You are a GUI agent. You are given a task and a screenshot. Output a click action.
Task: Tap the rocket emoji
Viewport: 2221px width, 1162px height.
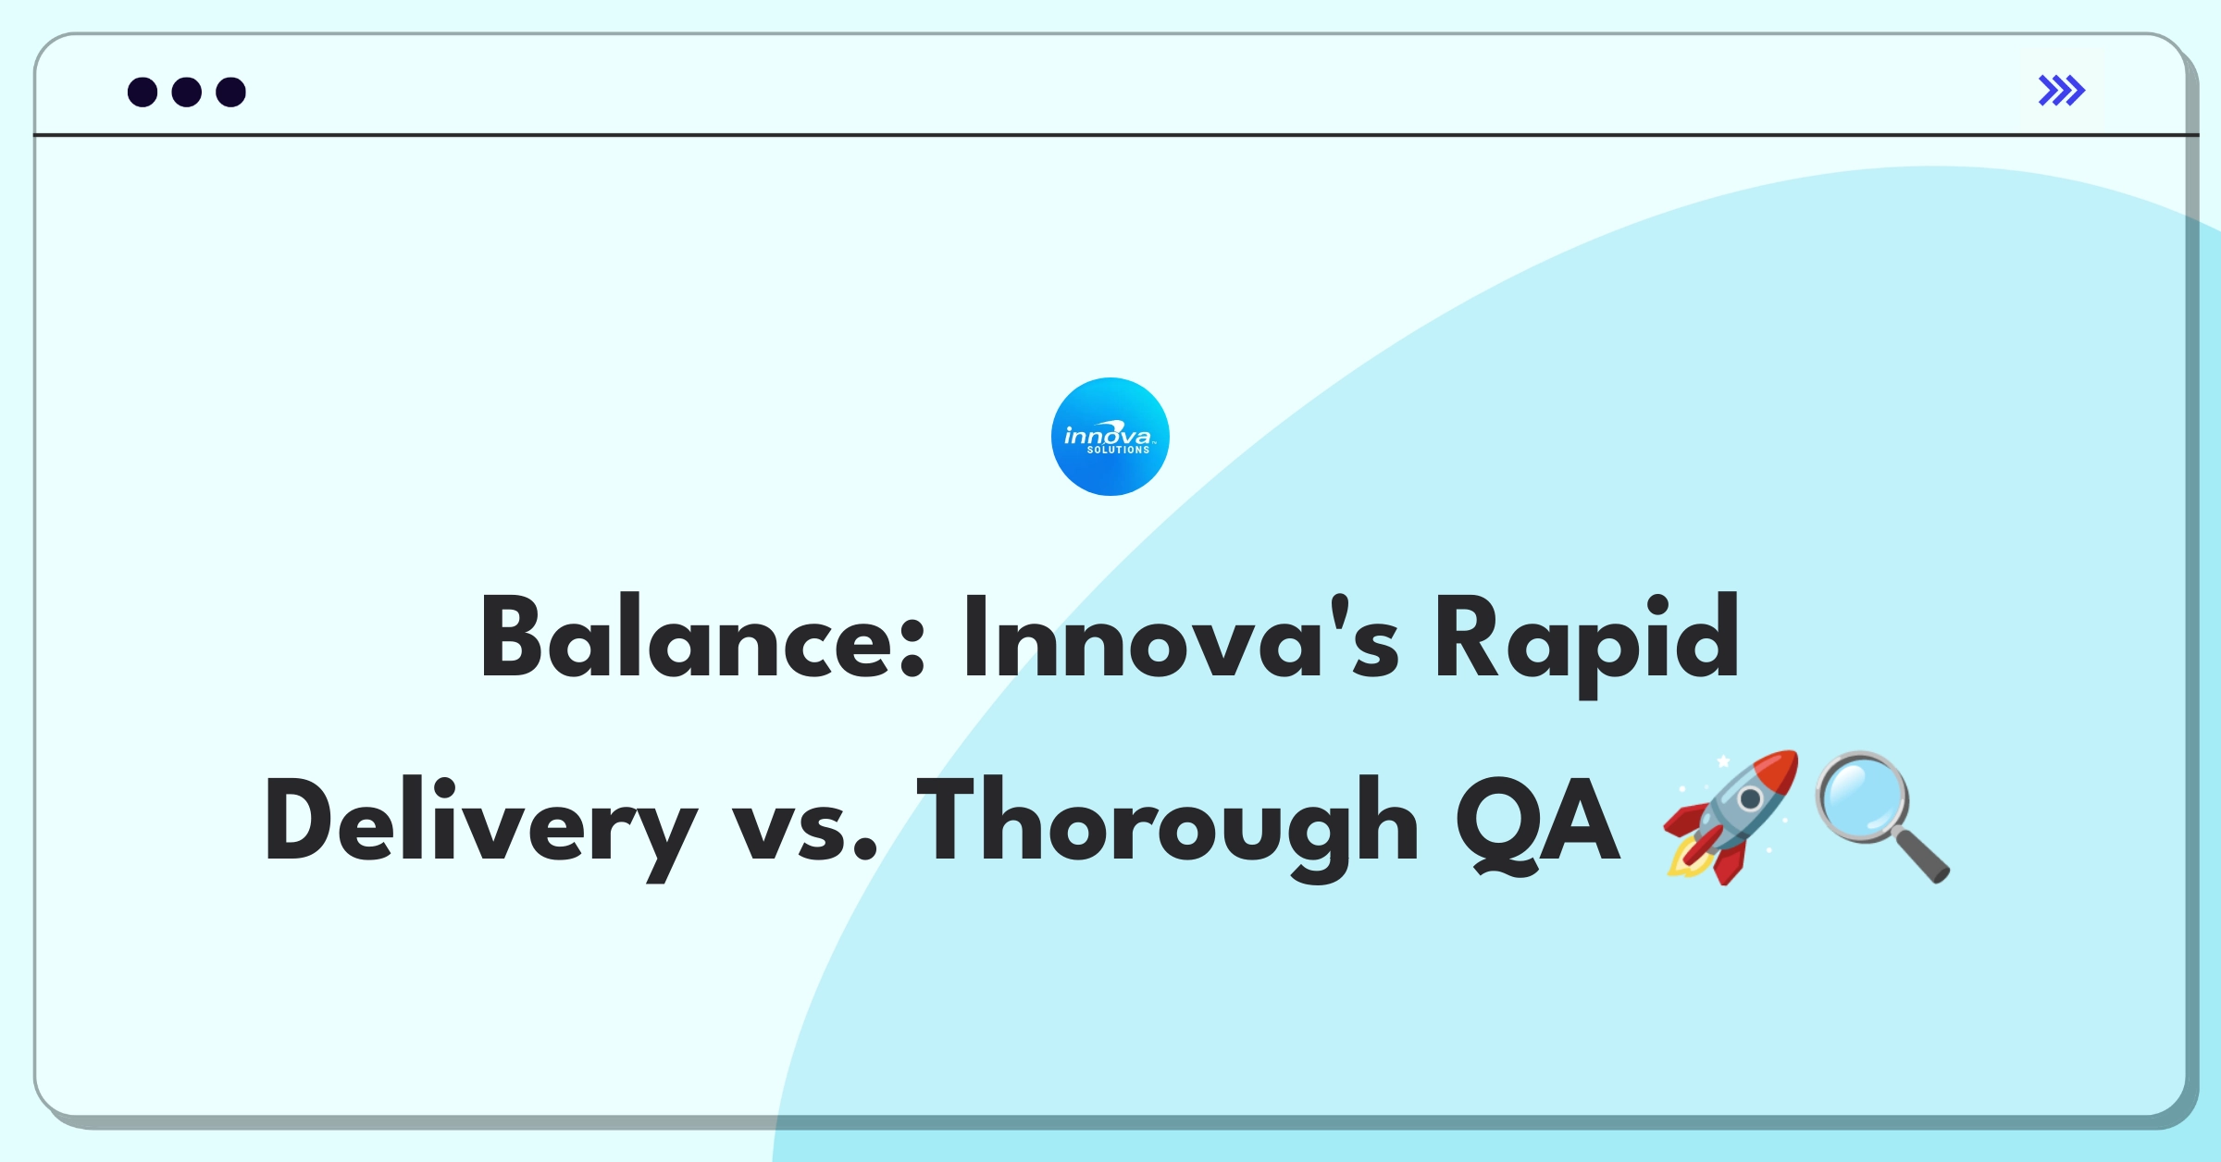click(1731, 817)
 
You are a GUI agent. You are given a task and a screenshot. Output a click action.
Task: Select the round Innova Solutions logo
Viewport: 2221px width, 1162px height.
click(1110, 437)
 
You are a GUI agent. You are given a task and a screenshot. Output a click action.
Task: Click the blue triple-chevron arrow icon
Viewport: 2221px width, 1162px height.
click(2062, 91)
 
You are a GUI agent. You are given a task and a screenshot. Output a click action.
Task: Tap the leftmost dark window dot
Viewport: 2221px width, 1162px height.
click(143, 92)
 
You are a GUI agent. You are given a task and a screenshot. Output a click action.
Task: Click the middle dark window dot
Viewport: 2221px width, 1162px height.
click(187, 92)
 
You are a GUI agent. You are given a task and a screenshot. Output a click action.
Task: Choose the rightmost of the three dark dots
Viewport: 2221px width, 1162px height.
click(230, 92)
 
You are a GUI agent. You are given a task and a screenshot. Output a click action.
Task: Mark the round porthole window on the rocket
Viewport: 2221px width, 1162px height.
click(1750, 798)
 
